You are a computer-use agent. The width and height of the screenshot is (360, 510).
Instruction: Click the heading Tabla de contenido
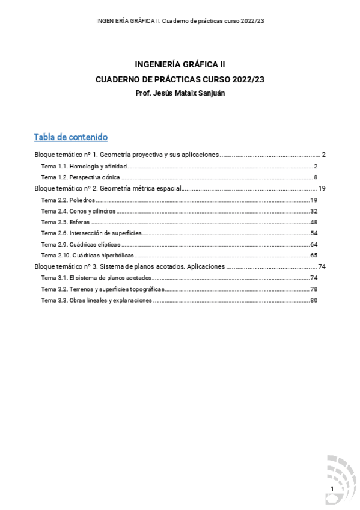tap(71, 137)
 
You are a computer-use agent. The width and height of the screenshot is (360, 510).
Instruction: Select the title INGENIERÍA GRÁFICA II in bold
tap(180, 63)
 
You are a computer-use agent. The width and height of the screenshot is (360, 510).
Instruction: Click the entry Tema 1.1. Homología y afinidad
tap(84, 166)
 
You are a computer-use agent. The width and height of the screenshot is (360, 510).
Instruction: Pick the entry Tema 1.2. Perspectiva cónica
tap(81, 177)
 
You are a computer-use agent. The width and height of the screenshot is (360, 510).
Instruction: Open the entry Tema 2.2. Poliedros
tap(68, 200)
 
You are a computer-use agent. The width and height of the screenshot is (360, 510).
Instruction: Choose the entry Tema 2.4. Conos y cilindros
tap(78, 211)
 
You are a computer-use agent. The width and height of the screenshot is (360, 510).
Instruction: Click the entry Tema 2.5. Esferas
tap(65, 222)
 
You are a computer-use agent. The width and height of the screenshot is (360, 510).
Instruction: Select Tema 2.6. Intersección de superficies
tap(91, 233)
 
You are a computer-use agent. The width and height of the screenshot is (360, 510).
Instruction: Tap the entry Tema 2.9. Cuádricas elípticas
tap(81, 244)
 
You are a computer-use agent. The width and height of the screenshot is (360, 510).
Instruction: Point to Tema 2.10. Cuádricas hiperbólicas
tap(87, 256)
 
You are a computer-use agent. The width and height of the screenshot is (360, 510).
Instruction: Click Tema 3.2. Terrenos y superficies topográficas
tap(102, 289)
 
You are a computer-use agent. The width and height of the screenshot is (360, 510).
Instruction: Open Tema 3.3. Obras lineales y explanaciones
tap(96, 300)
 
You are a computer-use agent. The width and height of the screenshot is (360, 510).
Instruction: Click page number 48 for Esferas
tap(314, 222)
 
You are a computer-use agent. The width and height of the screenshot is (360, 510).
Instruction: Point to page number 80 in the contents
tap(314, 300)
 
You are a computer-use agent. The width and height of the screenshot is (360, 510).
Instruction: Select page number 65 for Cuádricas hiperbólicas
tap(314, 256)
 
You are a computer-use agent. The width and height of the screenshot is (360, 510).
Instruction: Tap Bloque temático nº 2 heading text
tap(108, 188)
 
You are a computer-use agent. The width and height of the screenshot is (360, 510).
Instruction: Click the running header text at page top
tap(180, 21)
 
